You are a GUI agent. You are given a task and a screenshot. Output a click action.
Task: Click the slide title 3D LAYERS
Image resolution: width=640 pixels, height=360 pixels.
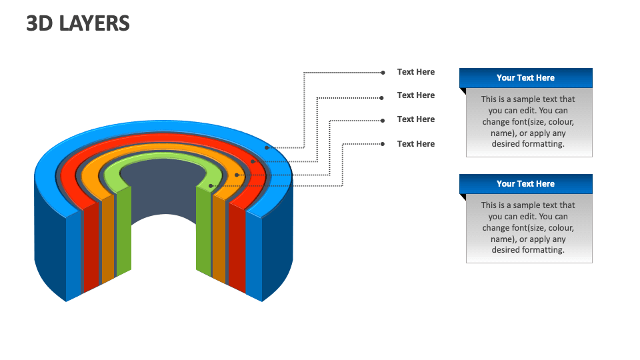tap(78, 24)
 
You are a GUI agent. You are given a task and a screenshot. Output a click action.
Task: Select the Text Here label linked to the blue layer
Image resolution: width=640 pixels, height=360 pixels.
tap(415, 72)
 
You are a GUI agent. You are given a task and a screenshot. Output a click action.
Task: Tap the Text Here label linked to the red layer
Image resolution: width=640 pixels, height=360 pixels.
tap(415, 95)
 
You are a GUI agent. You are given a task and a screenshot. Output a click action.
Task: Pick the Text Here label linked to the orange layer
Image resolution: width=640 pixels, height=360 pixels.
tap(415, 119)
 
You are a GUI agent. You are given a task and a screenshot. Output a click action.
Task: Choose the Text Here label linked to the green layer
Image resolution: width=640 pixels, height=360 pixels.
tap(415, 144)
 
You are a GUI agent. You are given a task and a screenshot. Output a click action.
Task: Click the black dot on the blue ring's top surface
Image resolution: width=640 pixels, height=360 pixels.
tap(267, 148)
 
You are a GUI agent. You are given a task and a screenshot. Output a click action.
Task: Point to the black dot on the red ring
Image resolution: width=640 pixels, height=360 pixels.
tap(253, 161)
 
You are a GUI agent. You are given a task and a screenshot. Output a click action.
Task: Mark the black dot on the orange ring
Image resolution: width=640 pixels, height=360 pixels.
tap(237, 175)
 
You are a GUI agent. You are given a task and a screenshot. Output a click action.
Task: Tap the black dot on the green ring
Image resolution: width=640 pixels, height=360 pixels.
tap(211, 186)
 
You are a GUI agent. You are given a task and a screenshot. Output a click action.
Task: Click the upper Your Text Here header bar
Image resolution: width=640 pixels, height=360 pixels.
tap(525, 78)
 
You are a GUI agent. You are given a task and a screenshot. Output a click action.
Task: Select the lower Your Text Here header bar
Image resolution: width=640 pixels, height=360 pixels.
tap(525, 184)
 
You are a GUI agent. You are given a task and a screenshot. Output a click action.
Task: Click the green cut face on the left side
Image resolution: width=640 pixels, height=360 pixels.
tap(123, 230)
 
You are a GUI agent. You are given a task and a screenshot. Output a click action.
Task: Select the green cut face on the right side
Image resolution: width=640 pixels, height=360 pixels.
tap(204, 230)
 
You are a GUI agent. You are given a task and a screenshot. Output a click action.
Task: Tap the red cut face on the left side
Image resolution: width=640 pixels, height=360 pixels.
tap(91, 247)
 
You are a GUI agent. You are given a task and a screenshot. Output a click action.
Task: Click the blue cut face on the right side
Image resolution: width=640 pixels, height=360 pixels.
tap(254, 253)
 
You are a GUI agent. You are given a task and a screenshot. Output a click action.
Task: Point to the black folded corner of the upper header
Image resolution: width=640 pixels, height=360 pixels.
tap(462, 91)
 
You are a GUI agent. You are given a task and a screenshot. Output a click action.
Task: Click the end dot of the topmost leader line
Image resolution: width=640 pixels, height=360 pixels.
tap(383, 72)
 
